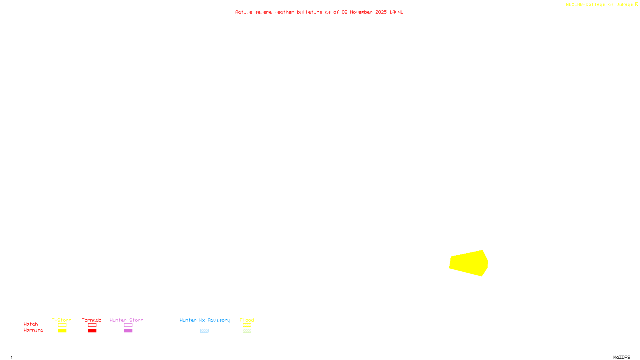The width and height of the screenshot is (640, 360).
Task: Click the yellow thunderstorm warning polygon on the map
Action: click(468, 263)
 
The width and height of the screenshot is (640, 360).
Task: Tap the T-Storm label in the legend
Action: click(62, 320)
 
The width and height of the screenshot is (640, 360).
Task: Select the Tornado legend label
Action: click(92, 320)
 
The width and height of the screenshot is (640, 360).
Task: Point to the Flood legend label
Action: click(247, 320)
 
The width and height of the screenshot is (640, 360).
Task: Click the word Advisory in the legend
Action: click(219, 320)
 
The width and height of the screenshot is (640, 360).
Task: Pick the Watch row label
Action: click(31, 324)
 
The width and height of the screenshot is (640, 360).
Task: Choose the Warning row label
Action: click(34, 330)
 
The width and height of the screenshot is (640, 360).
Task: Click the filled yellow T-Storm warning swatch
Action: click(62, 331)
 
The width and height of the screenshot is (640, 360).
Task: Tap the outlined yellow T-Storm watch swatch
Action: click(62, 325)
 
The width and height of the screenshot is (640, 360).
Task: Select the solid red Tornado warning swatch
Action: click(92, 331)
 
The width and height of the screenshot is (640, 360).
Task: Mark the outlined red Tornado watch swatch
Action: click(92, 325)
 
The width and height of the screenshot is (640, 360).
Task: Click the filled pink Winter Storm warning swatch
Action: click(128, 331)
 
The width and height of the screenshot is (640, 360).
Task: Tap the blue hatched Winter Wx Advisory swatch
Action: click(204, 331)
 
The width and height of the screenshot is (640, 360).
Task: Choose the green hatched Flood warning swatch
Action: click(247, 331)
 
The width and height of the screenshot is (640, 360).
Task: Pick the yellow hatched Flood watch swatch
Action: click(247, 325)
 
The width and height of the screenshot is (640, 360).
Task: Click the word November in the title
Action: click(361, 12)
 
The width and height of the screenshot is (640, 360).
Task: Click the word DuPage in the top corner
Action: click(624, 4)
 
